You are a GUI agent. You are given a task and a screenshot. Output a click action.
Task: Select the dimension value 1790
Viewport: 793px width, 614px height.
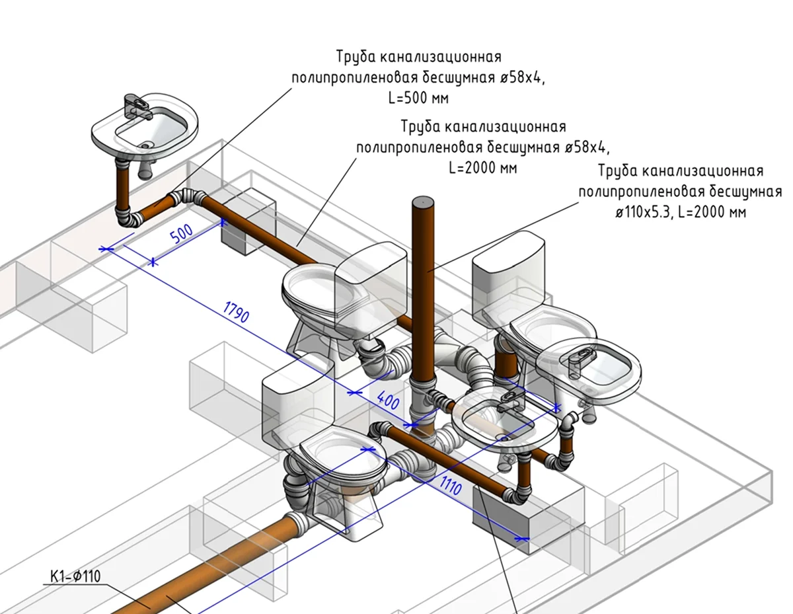[236, 313]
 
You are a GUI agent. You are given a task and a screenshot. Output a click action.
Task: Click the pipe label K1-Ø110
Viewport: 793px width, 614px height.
[75, 576]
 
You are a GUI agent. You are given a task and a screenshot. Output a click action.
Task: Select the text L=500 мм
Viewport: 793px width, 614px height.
[419, 98]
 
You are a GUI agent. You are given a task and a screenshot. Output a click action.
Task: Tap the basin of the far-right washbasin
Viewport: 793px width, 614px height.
[588, 367]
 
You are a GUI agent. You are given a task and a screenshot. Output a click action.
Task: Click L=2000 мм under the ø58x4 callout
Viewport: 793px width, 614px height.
[482, 168]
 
